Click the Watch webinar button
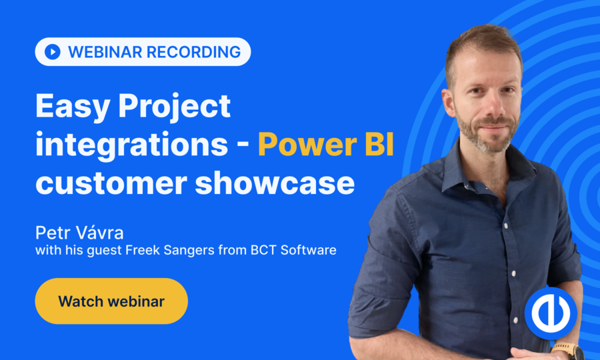tap(111, 301)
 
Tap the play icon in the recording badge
tap(53, 51)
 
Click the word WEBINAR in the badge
tap(105, 52)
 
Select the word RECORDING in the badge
tap(193, 52)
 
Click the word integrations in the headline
tap(131, 145)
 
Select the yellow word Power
tap(307, 145)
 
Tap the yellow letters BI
tap(379, 145)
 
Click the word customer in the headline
tap(111, 183)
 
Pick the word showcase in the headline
tap(275, 182)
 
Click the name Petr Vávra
tap(79, 232)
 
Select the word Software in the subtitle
tap(309, 250)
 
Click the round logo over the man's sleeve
tap(551, 313)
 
